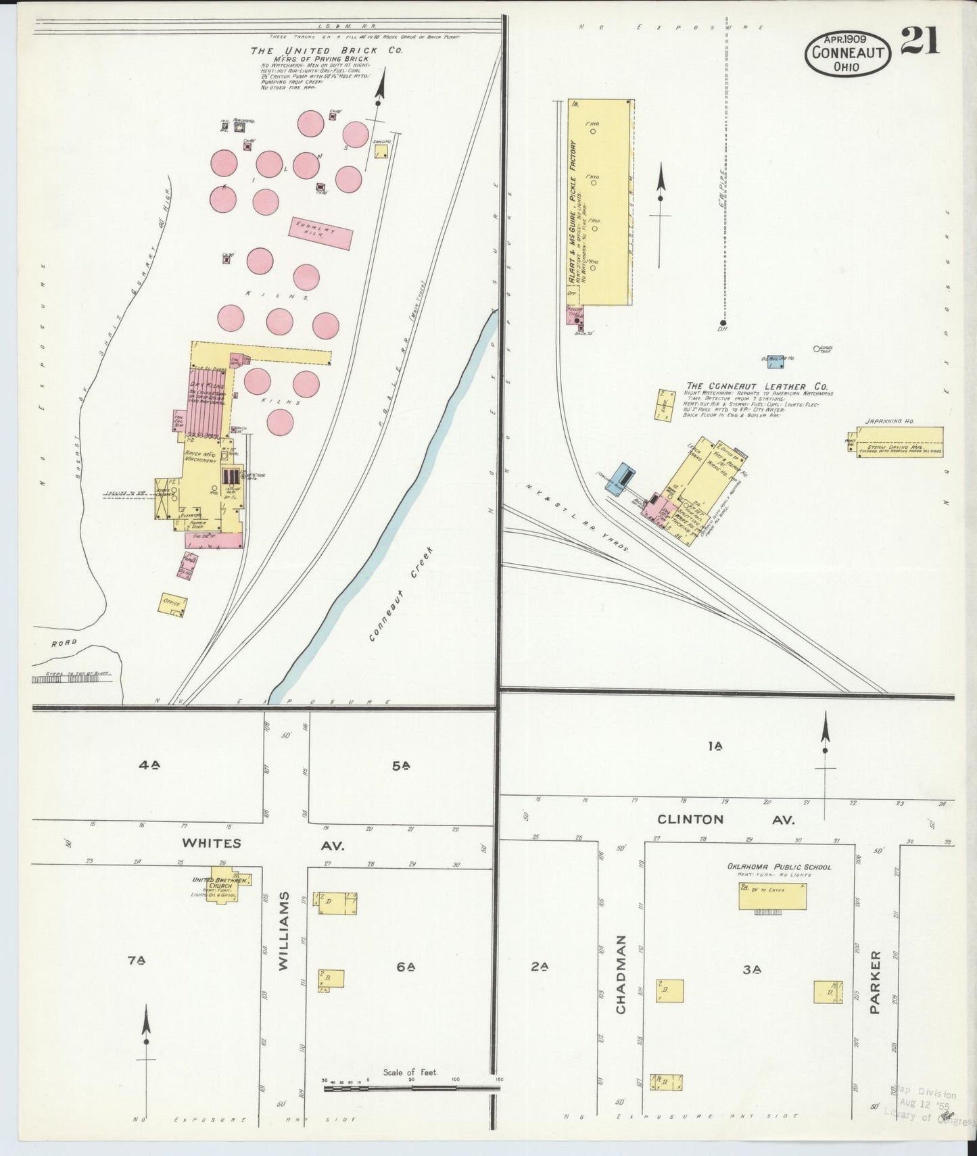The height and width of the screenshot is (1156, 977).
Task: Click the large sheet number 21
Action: click(x=920, y=41)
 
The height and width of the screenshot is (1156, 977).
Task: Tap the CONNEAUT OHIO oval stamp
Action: click(x=846, y=53)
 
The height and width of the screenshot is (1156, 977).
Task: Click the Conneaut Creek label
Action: click(x=401, y=594)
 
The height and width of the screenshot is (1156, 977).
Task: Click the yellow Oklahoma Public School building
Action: click(x=773, y=896)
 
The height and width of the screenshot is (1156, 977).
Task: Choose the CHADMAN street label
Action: click(x=621, y=973)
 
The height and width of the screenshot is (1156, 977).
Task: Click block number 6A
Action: click(x=405, y=967)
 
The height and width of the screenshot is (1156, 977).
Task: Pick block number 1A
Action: click(x=715, y=746)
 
